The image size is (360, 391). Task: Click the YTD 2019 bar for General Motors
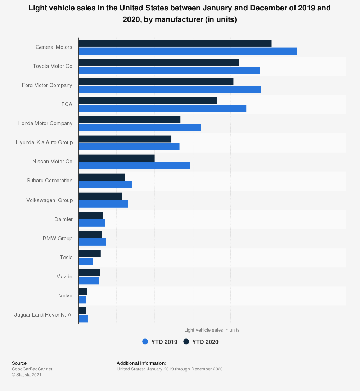click(x=188, y=51)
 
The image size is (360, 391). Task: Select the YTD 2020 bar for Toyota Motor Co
click(x=159, y=62)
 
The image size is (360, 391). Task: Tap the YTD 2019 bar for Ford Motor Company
click(x=170, y=90)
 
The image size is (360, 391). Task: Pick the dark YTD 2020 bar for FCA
click(x=148, y=100)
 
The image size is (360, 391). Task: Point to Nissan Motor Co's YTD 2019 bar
click(x=134, y=166)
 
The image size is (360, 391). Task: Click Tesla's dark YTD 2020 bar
click(x=90, y=254)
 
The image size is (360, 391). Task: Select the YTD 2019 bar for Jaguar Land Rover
click(x=83, y=319)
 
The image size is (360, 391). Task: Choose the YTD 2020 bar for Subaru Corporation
click(x=102, y=177)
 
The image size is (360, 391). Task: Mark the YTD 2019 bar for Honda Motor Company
click(x=140, y=128)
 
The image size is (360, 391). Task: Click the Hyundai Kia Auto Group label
click(x=44, y=142)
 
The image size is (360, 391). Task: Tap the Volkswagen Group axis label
click(x=49, y=200)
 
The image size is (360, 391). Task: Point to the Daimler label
click(x=63, y=219)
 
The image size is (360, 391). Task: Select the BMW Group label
click(x=58, y=238)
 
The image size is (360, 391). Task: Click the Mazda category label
click(x=64, y=277)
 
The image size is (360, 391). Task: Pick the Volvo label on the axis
click(x=66, y=296)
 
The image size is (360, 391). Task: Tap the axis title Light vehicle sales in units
click(x=212, y=330)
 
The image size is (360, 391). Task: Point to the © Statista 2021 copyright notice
click(x=27, y=375)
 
